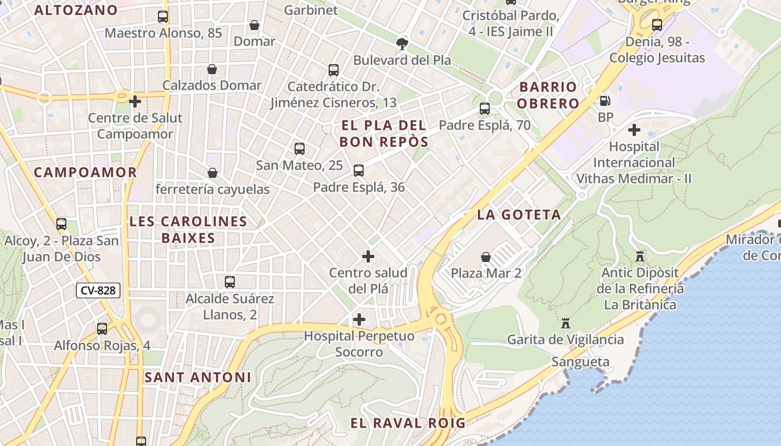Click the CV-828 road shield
(x=98, y=290)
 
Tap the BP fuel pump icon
(x=605, y=101)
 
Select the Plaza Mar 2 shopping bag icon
(x=486, y=257)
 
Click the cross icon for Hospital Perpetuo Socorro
(x=359, y=319)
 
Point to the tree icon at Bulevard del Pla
(x=402, y=43)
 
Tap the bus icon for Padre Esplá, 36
(x=359, y=171)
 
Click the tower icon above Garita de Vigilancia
(x=566, y=323)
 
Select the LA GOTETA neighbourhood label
(x=519, y=215)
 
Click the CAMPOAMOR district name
(x=85, y=172)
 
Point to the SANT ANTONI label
(x=198, y=377)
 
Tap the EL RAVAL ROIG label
(x=408, y=423)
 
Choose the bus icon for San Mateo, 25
(x=300, y=149)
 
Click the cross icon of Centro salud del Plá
(x=368, y=256)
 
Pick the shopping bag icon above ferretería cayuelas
(x=212, y=173)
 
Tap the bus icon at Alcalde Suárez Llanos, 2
(x=230, y=282)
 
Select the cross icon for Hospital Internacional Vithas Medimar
(x=634, y=130)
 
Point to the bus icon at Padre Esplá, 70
(x=485, y=109)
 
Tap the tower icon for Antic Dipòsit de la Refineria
(x=640, y=256)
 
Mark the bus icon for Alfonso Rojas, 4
(x=102, y=329)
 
